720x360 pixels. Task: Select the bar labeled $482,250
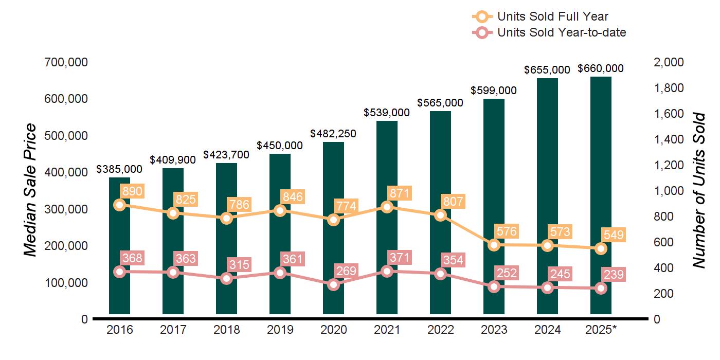coord(333,231)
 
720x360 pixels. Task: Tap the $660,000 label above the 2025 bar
coord(601,68)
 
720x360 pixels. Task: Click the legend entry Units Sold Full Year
coord(553,17)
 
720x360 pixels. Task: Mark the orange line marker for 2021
coord(387,207)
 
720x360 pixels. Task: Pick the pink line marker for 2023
coord(494,286)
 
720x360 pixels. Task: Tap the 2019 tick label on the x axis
coord(280,330)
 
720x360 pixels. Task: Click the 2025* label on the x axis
coord(601,330)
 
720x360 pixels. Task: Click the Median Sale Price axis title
coord(31,190)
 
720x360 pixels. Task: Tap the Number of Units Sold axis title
coord(698,190)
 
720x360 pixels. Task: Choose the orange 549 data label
coord(614,236)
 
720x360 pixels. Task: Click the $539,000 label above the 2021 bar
coord(387,112)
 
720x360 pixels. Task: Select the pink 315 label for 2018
coord(239,265)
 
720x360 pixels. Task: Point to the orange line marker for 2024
coord(547,245)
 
